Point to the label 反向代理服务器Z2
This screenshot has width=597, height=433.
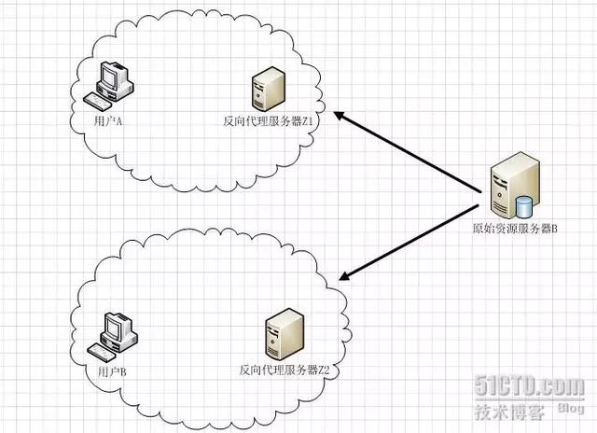(284, 370)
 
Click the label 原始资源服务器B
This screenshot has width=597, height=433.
(514, 229)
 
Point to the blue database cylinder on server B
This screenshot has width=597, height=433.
(524, 205)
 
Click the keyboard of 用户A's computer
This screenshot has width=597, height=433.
(95, 99)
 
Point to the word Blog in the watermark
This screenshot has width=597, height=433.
(571, 407)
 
